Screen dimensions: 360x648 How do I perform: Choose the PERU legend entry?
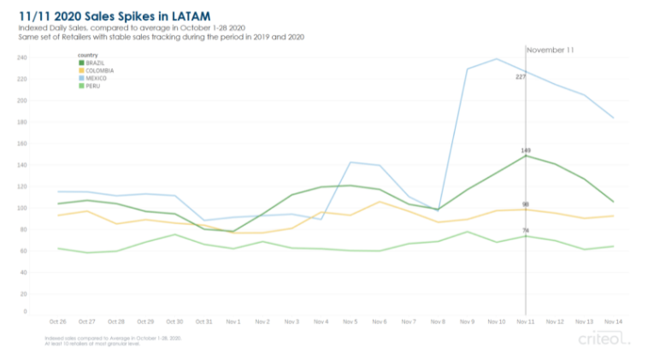tap(91, 86)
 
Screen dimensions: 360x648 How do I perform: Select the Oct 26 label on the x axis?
tap(58, 322)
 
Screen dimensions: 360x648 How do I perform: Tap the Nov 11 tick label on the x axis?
tap(525, 322)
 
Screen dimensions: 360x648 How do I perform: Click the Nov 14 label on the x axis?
tap(613, 322)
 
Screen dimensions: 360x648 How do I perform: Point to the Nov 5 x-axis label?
tap(351, 322)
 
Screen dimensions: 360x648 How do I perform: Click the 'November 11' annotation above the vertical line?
tap(550, 50)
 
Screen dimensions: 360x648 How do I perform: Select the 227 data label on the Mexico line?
tap(520, 77)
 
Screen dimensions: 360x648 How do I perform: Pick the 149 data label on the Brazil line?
tap(525, 150)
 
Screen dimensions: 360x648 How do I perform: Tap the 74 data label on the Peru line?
tap(525, 230)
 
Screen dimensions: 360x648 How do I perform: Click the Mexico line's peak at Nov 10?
tap(496, 59)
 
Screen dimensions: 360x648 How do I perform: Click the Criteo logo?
tap(604, 339)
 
